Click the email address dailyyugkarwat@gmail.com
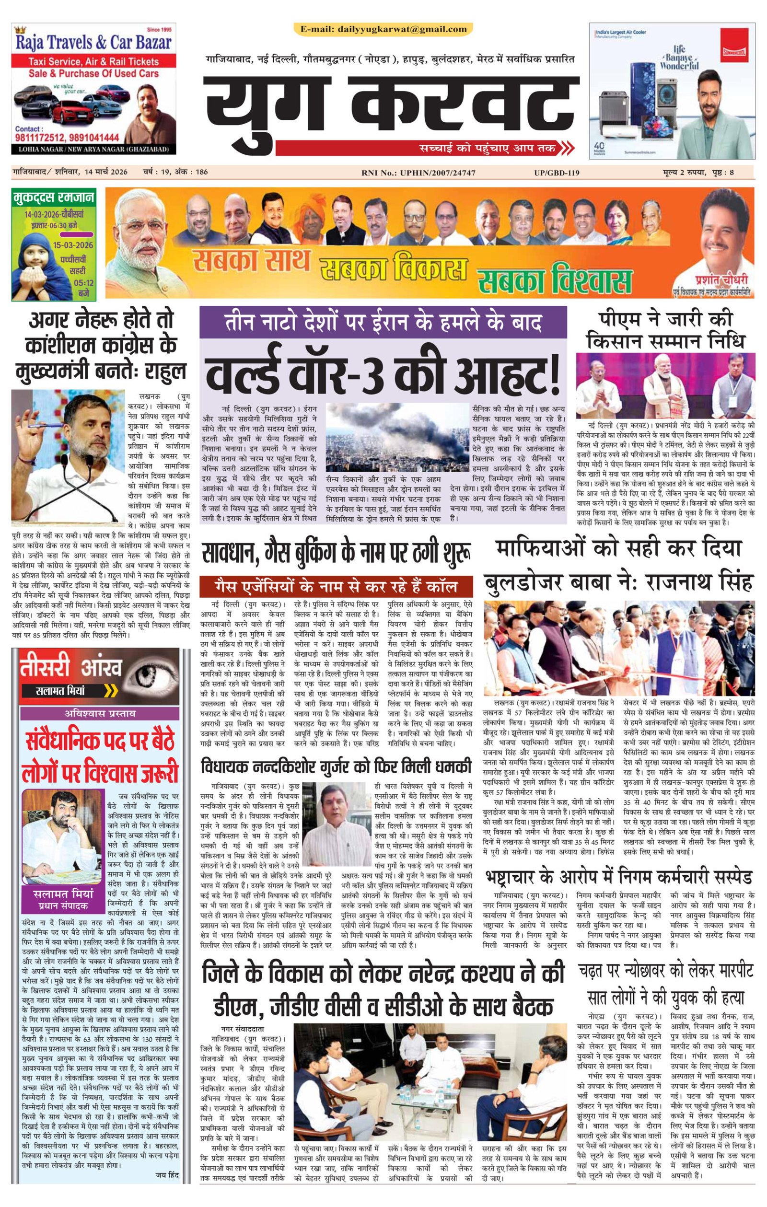(383, 29)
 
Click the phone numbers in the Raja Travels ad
(67, 138)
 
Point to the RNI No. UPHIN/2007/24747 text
(418, 173)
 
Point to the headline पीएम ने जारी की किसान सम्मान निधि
(665, 331)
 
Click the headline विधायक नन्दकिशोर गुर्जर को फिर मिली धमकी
(336, 767)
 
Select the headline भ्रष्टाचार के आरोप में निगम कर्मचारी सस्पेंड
(618, 877)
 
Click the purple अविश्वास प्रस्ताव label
(100, 713)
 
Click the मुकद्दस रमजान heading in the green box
(54, 197)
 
